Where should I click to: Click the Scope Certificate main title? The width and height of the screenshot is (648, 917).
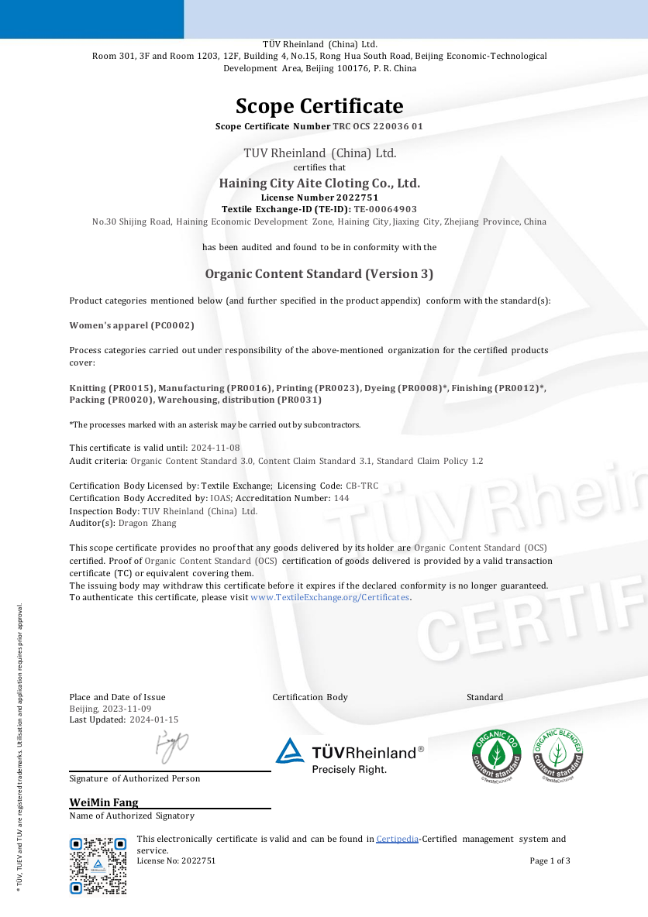[x=319, y=106]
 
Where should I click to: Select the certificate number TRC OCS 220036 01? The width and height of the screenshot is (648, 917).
[x=377, y=126]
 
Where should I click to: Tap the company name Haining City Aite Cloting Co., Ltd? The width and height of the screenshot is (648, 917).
[x=319, y=184]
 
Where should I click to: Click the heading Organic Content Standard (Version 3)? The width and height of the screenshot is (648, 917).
[x=319, y=273]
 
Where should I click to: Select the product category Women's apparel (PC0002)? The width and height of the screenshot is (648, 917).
[x=132, y=325]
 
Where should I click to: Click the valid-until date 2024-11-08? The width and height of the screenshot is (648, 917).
[x=215, y=448]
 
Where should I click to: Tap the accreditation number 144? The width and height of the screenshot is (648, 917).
[x=341, y=498]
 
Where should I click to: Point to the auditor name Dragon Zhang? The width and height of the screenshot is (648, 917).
[x=147, y=524]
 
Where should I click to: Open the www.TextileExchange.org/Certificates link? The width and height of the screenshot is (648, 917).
[x=329, y=597]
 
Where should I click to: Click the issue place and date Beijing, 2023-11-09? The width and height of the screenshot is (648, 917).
[x=110, y=709]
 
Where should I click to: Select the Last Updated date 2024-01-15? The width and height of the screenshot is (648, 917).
[x=153, y=720]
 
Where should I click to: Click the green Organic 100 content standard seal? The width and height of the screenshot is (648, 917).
[x=497, y=755]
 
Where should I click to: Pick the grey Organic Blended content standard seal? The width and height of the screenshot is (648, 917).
[x=557, y=755]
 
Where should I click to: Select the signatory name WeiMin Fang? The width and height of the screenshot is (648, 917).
[x=104, y=802]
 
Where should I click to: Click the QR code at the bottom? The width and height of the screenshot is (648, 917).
[x=98, y=865]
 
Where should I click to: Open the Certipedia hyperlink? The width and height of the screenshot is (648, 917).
[x=397, y=839]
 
